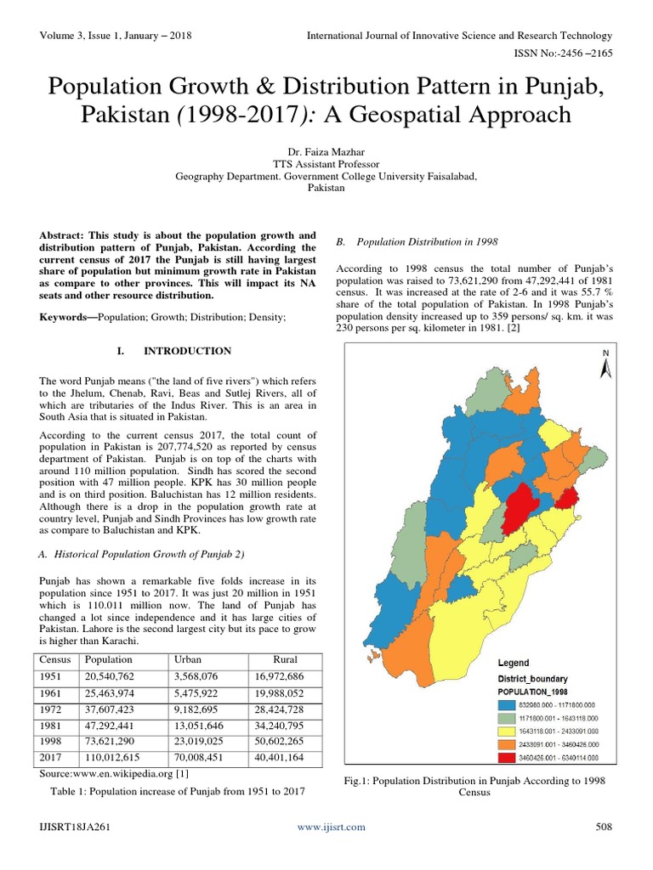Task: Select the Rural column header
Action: [286, 659]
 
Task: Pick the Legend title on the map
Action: [513, 663]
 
